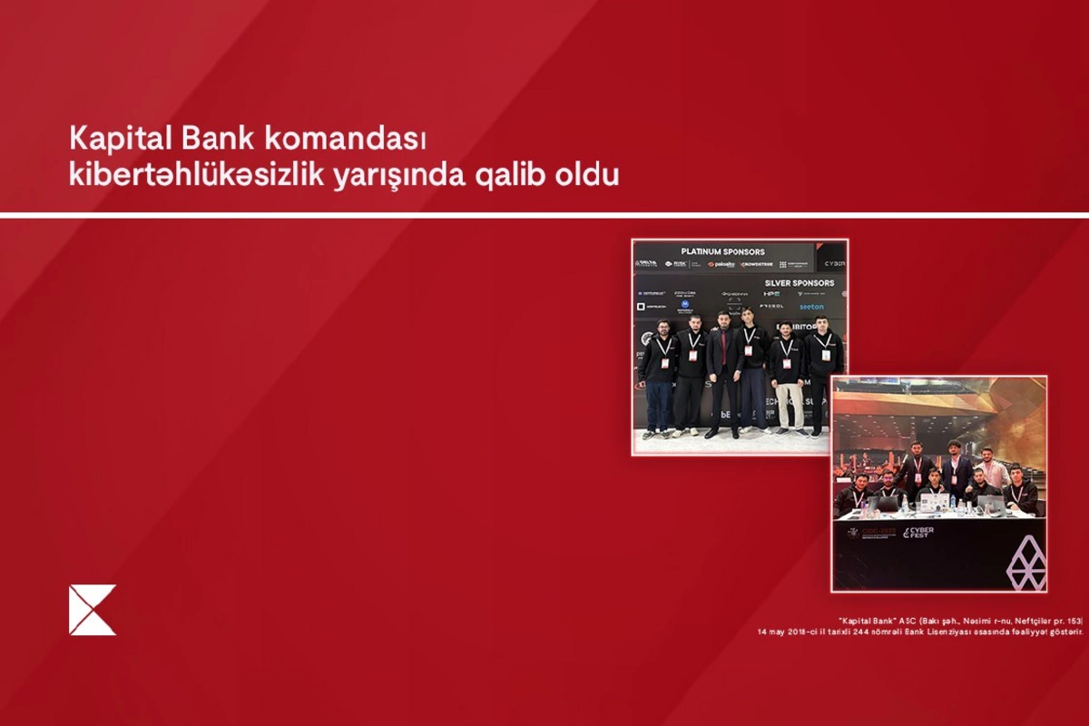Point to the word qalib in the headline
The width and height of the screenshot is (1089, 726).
click(x=511, y=175)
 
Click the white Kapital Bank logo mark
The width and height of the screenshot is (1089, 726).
click(x=93, y=610)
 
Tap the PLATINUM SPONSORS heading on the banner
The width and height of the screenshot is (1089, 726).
click(x=722, y=251)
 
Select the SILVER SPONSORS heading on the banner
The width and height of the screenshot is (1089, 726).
click(x=799, y=283)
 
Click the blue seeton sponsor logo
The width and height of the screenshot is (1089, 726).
click(x=811, y=307)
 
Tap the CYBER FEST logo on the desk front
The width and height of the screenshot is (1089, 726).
click(x=917, y=532)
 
